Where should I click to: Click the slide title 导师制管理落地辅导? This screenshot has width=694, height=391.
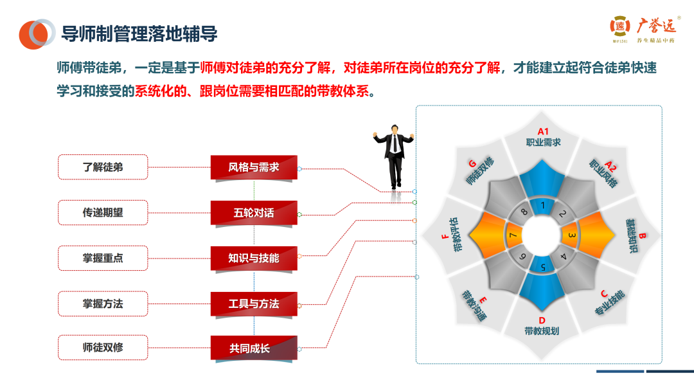(139, 33)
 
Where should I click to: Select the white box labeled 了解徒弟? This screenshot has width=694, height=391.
(103, 167)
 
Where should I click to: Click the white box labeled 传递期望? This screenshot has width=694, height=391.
(103, 212)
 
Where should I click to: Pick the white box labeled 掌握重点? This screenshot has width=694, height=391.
(103, 258)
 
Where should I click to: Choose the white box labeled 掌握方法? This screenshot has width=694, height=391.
(103, 304)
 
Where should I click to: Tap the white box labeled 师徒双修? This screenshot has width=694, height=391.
(103, 348)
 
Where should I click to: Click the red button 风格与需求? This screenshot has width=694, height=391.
(254, 167)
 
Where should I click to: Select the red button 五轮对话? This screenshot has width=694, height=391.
(254, 212)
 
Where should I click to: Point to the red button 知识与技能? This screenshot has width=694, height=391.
(254, 258)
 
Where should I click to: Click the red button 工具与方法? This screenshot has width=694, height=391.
(254, 304)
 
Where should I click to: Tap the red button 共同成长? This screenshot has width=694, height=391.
(254, 349)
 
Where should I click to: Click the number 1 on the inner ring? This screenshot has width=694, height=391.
(543, 206)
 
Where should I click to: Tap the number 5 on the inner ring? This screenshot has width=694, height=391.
(543, 266)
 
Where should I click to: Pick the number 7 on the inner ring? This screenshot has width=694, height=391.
(513, 236)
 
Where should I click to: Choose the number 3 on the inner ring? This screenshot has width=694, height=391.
(572, 236)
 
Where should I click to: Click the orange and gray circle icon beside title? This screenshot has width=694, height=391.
(37, 33)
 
